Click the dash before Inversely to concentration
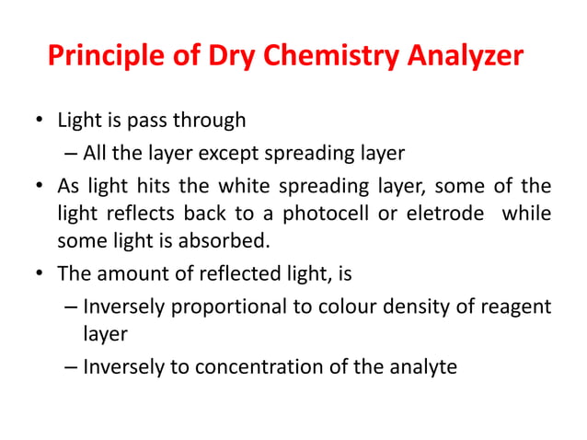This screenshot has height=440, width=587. point(72,366)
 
